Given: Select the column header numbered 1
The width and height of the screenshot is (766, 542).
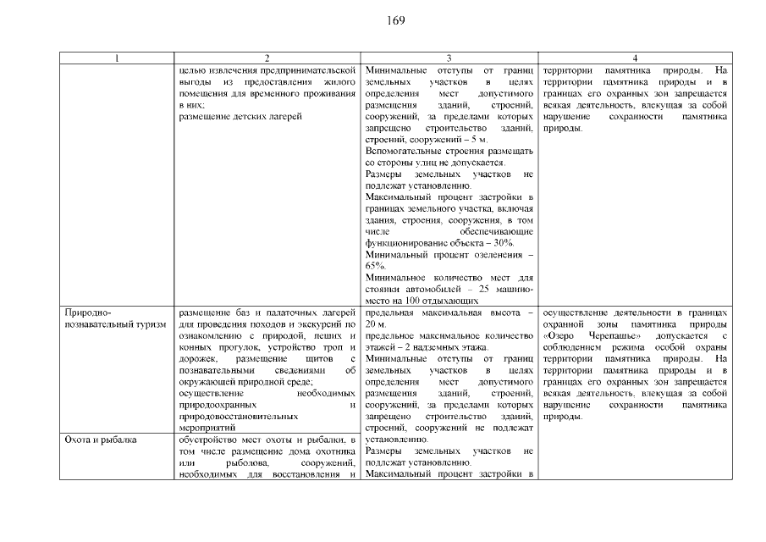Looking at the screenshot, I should coord(118,58).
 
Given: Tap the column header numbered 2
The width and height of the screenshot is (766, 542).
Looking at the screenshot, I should coord(267,58).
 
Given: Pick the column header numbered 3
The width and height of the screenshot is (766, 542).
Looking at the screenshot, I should coord(449,58).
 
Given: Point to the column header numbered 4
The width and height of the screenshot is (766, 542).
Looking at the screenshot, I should coord(634,58).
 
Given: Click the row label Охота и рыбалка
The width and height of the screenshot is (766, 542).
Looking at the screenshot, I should coord(101,440).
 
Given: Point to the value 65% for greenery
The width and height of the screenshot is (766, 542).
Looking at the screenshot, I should coord(375,266).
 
